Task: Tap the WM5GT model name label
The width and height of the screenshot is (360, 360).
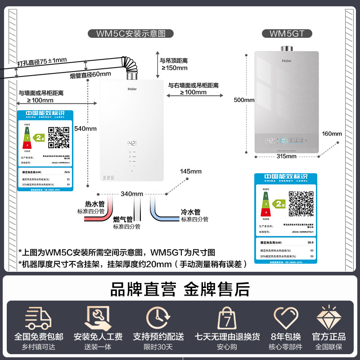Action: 284,33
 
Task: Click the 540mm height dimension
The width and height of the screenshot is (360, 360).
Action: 85,129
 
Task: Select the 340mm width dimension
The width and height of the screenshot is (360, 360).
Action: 132,194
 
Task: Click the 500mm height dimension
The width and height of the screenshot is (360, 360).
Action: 244,100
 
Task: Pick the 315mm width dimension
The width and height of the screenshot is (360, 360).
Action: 286,156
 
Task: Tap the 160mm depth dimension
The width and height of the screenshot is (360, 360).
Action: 332,134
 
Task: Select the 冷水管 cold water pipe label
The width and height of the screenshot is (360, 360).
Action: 190,212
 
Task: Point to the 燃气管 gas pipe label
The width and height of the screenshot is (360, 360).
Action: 123,220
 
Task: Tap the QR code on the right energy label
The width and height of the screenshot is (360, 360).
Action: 301,203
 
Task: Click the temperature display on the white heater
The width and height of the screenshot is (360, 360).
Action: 131,144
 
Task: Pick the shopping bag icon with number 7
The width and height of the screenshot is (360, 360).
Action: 227,319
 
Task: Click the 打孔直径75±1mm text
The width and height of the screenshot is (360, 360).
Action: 41,60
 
